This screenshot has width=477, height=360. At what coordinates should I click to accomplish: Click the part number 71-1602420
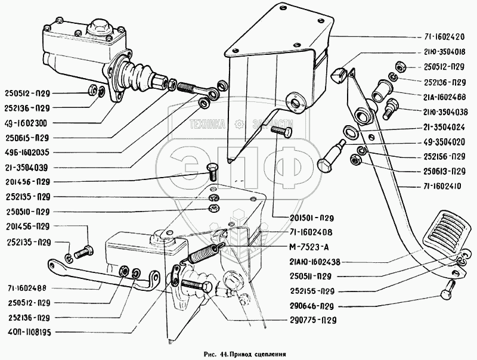pos(442,36)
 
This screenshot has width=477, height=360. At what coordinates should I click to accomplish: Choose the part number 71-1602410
pos(442,187)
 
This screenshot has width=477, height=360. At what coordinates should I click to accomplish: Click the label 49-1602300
pos(28,123)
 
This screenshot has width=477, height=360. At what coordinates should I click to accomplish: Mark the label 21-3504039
pos(28,166)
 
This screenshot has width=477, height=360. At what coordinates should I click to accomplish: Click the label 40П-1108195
pos(28,331)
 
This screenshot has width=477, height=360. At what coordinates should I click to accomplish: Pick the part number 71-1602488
pos(28,287)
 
